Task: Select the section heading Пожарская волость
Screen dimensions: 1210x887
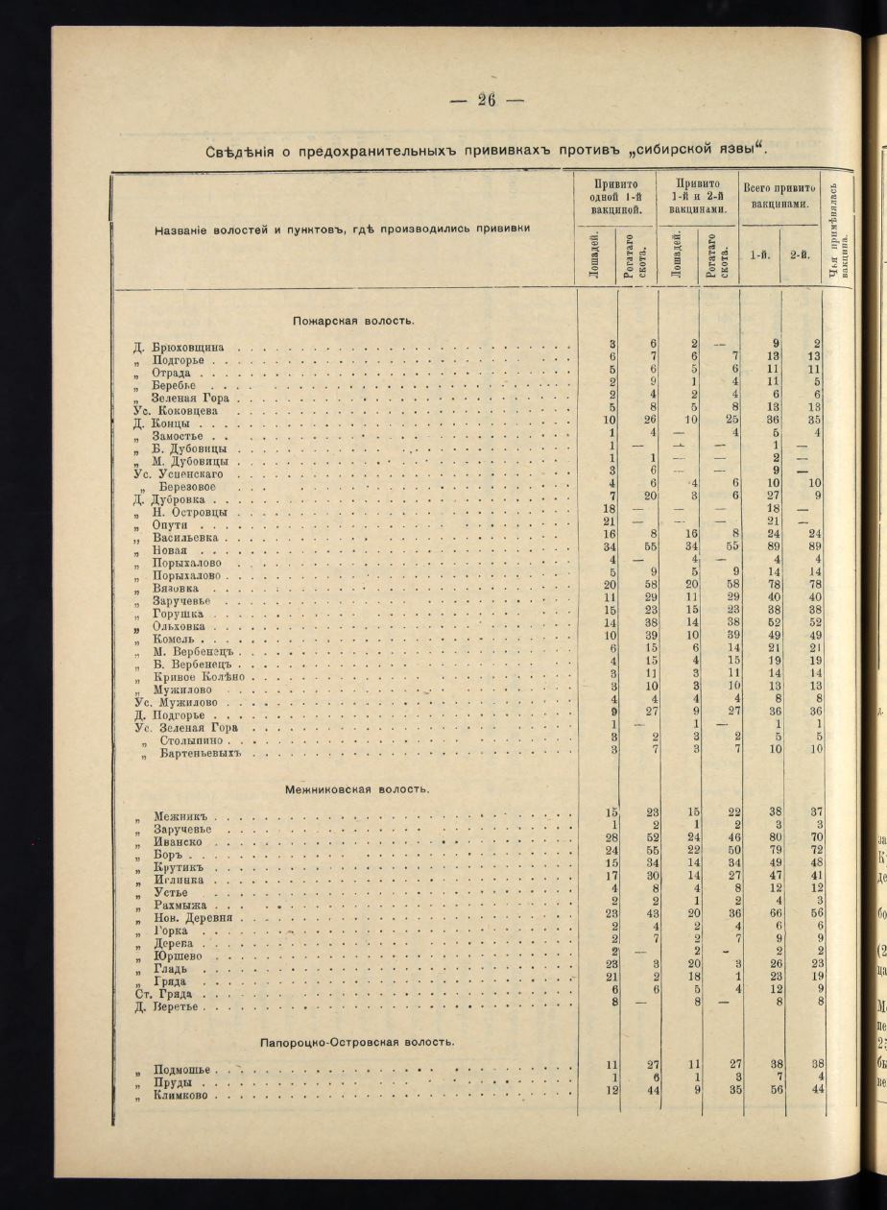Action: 353,320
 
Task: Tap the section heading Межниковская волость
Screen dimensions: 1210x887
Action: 357,788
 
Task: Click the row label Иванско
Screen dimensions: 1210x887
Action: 178,842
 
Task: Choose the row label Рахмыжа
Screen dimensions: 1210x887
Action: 183,905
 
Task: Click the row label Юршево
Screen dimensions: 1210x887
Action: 180,956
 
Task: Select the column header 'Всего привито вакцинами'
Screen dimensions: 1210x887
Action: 779,196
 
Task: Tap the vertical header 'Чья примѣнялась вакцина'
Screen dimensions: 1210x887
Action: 840,230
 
